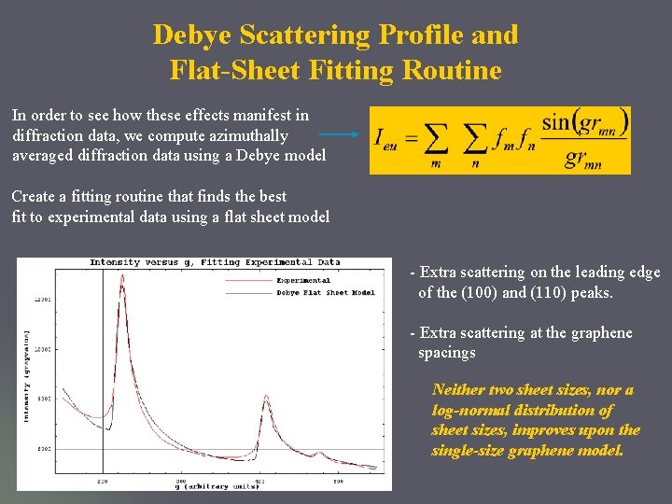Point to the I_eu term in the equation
coord(385,138)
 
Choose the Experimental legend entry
coord(302,279)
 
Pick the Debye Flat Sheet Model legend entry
coord(325,292)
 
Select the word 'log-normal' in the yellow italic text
coord(474,410)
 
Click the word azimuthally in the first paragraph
coord(251,135)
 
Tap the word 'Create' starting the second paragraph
coord(34,197)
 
